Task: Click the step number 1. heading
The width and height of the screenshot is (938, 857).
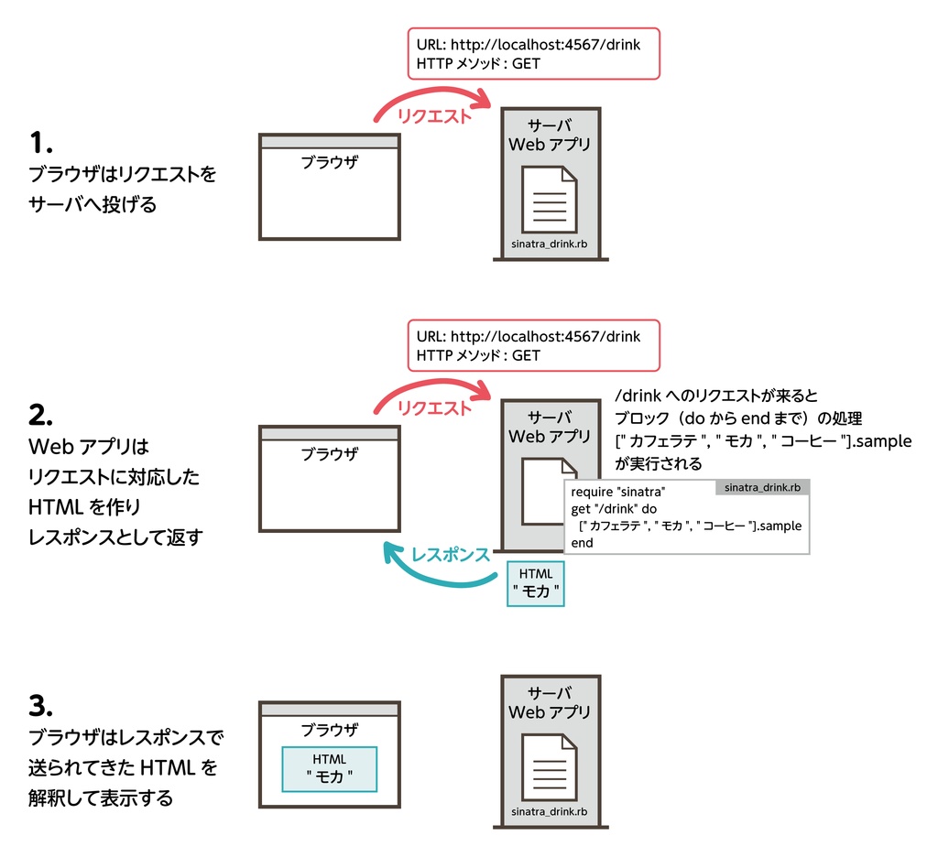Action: [42, 143]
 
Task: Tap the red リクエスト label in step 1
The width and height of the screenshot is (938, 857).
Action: [434, 116]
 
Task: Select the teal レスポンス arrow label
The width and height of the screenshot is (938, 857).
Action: [450, 554]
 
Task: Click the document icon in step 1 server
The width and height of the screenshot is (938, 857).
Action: [549, 200]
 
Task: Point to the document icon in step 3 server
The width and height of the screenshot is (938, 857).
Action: [549, 766]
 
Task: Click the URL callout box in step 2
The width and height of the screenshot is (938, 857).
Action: [533, 345]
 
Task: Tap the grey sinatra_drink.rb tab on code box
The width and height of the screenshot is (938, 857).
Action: [762, 488]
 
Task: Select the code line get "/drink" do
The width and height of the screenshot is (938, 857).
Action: [615, 509]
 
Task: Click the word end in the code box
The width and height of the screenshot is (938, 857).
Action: [582, 543]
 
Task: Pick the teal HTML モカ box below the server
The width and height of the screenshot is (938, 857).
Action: [536, 583]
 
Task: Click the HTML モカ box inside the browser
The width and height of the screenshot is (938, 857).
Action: [330, 769]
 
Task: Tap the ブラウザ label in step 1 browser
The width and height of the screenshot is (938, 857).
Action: [330, 163]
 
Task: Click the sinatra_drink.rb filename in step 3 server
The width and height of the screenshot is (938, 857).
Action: [549, 812]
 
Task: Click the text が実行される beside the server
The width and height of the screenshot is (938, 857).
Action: [659, 464]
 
